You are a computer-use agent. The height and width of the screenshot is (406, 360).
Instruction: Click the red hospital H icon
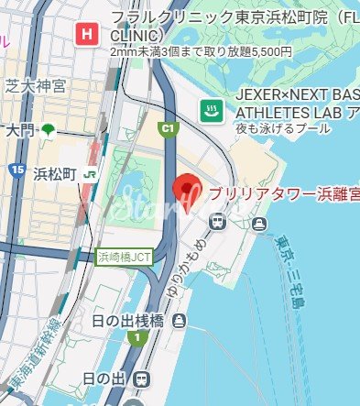(87, 36)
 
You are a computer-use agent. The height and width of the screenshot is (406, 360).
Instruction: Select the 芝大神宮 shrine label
(36, 86)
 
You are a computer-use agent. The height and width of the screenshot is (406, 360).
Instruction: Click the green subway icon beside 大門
(49, 129)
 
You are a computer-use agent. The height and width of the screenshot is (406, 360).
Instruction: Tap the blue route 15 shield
(17, 170)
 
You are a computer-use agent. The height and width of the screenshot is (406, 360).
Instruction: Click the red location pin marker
(188, 191)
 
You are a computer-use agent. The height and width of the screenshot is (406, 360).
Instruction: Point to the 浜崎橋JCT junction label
(125, 258)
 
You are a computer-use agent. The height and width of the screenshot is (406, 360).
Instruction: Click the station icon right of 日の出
(141, 379)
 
